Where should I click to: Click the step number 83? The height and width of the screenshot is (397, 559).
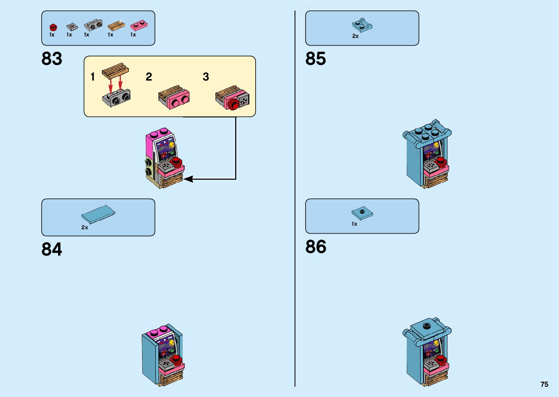tap(52, 59)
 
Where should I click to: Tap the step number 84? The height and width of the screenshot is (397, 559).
tap(52, 250)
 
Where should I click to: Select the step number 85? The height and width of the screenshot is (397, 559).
tap(315, 59)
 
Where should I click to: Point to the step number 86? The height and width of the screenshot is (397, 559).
tap(315, 247)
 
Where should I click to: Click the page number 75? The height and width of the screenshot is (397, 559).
tap(544, 384)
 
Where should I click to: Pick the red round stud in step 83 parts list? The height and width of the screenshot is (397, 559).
tap(53, 27)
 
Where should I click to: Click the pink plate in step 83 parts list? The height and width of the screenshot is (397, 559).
tap(139, 25)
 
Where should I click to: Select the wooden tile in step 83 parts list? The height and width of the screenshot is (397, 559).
tap(116, 26)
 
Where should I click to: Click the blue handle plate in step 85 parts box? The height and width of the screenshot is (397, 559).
tap(362, 26)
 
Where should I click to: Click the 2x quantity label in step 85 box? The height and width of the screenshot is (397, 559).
tap(355, 36)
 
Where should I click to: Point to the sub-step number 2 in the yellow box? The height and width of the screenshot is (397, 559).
tap(149, 77)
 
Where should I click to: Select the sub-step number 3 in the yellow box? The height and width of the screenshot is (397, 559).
tap(206, 77)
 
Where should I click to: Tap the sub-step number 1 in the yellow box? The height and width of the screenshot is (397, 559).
tap(93, 77)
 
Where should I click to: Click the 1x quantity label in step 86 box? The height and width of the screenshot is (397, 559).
tap(354, 224)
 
